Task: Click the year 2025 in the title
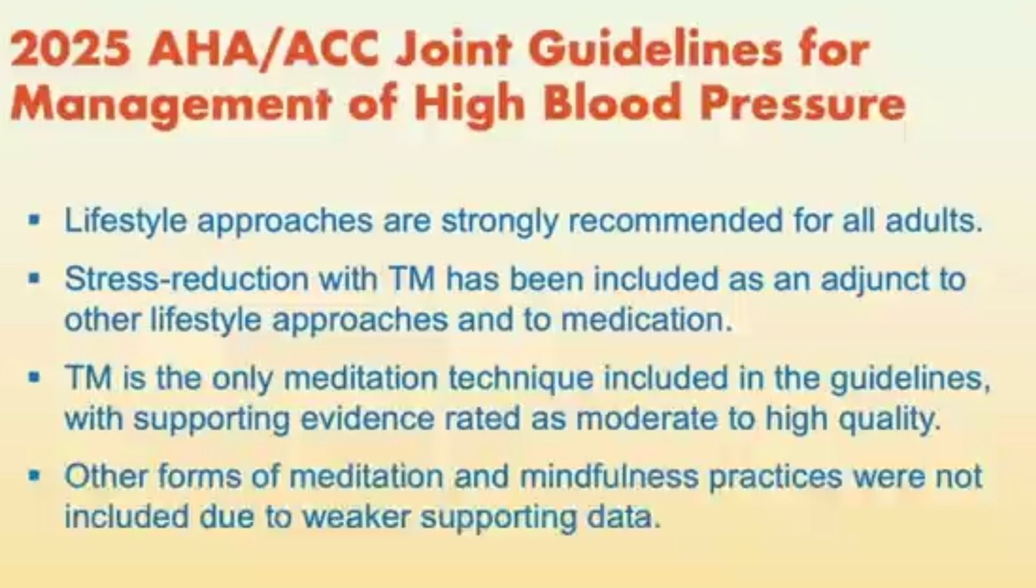point(70,50)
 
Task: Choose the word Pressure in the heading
point(802,103)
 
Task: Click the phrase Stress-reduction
point(186,279)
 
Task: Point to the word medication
point(647,320)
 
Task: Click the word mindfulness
point(609,477)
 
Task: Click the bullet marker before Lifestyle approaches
point(34,221)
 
